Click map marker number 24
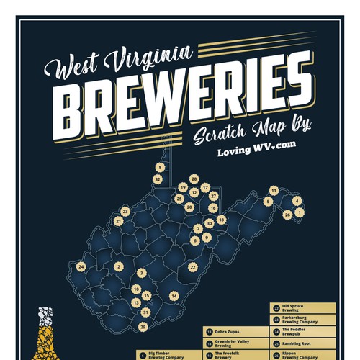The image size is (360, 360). tap(81, 267)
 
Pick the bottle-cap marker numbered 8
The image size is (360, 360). tap(158, 165)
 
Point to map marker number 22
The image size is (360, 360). tap(193, 267)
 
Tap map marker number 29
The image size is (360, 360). tap(143, 327)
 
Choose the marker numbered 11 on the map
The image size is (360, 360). tap(274, 190)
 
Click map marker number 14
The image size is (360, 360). tap(174, 296)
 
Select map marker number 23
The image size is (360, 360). tap(125, 212)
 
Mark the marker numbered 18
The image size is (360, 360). tap(221, 219)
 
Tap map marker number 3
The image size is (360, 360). tap(142, 273)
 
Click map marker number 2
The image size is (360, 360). tap(117, 266)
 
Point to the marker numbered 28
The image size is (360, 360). tap(194, 178)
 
